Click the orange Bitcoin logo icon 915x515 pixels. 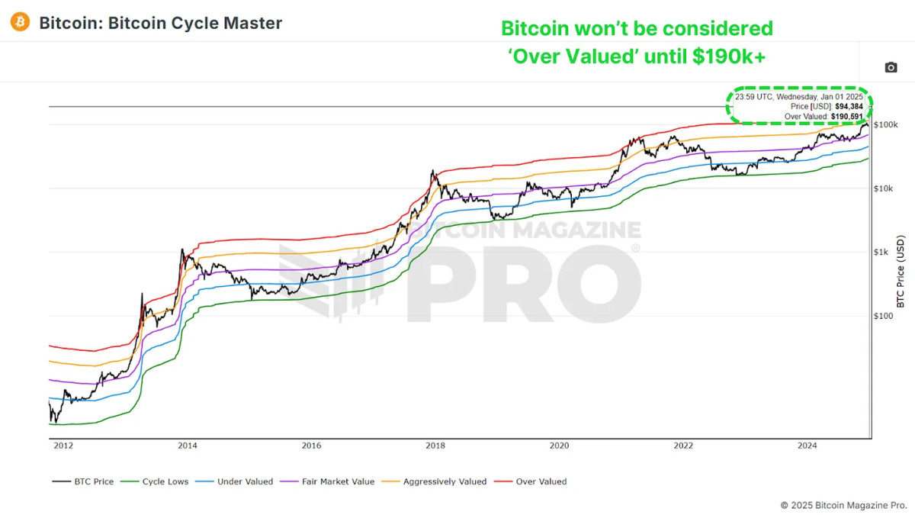click(x=21, y=22)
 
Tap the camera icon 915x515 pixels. click(x=891, y=68)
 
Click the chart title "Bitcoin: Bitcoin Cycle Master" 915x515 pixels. click(x=160, y=23)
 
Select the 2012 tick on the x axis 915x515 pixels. click(x=64, y=446)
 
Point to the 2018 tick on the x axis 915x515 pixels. click(x=435, y=446)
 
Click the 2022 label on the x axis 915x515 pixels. click(x=683, y=446)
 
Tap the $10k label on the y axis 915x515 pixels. click(x=884, y=188)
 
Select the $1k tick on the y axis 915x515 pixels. click(x=882, y=253)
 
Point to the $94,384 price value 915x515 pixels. click(x=849, y=107)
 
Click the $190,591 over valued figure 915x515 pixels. click(x=846, y=117)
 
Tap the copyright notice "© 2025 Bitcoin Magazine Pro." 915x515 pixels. click(x=843, y=505)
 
